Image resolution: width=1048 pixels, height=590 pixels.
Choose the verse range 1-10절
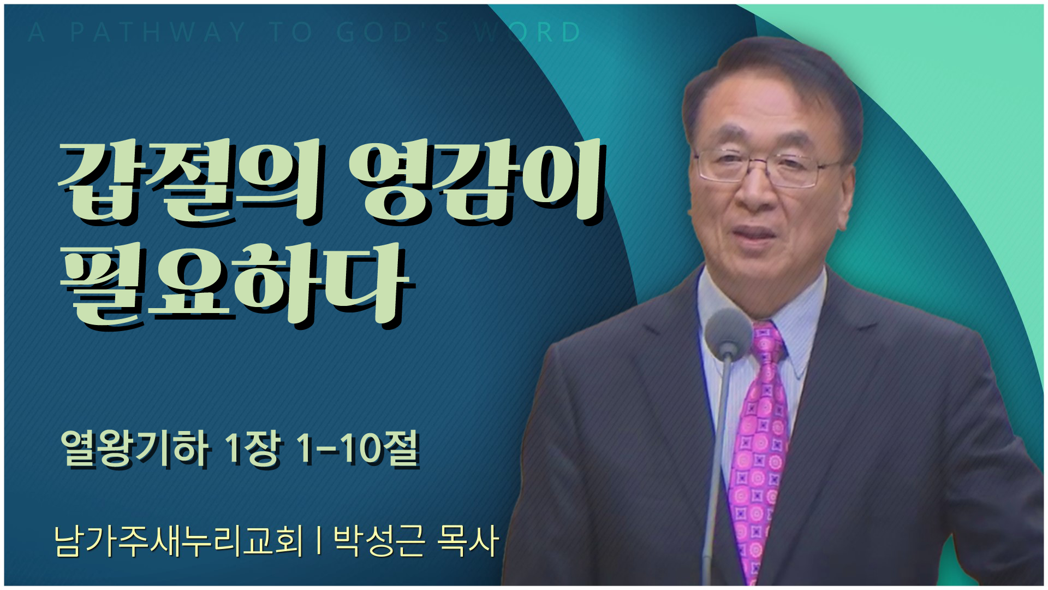click(x=358, y=449)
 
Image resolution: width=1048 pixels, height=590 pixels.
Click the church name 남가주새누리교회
click(x=178, y=541)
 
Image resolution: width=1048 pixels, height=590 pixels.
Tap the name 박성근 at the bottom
click(x=378, y=541)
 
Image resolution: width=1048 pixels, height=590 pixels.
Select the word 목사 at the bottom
click(x=468, y=541)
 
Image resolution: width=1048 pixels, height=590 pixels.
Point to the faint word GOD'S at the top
click(x=393, y=33)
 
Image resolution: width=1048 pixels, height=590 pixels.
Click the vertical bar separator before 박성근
click(x=318, y=541)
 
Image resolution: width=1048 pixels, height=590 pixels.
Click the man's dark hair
click(x=775, y=76)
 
